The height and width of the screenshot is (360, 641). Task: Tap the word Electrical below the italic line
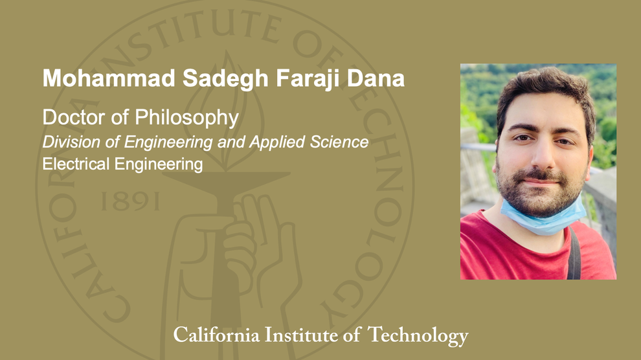[x=76, y=164]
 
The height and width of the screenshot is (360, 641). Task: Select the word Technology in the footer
[x=418, y=335]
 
